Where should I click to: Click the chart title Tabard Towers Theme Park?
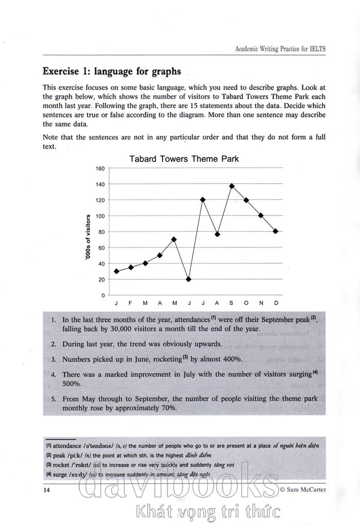click(x=184, y=159)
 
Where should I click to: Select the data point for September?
click(x=232, y=186)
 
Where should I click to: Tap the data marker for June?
click(x=189, y=279)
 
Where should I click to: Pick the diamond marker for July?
click(x=203, y=200)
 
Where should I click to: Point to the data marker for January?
click(x=116, y=271)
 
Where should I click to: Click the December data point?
click(x=276, y=231)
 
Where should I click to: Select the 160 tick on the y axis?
click(x=100, y=168)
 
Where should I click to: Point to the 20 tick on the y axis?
click(x=101, y=280)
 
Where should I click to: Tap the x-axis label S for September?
click(x=232, y=303)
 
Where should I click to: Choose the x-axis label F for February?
click(x=131, y=303)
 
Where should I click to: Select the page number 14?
click(x=47, y=489)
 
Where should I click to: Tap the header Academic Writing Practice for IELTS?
click(x=280, y=49)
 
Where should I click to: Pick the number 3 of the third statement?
click(x=54, y=359)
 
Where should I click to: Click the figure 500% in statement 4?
click(x=71, y=384)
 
